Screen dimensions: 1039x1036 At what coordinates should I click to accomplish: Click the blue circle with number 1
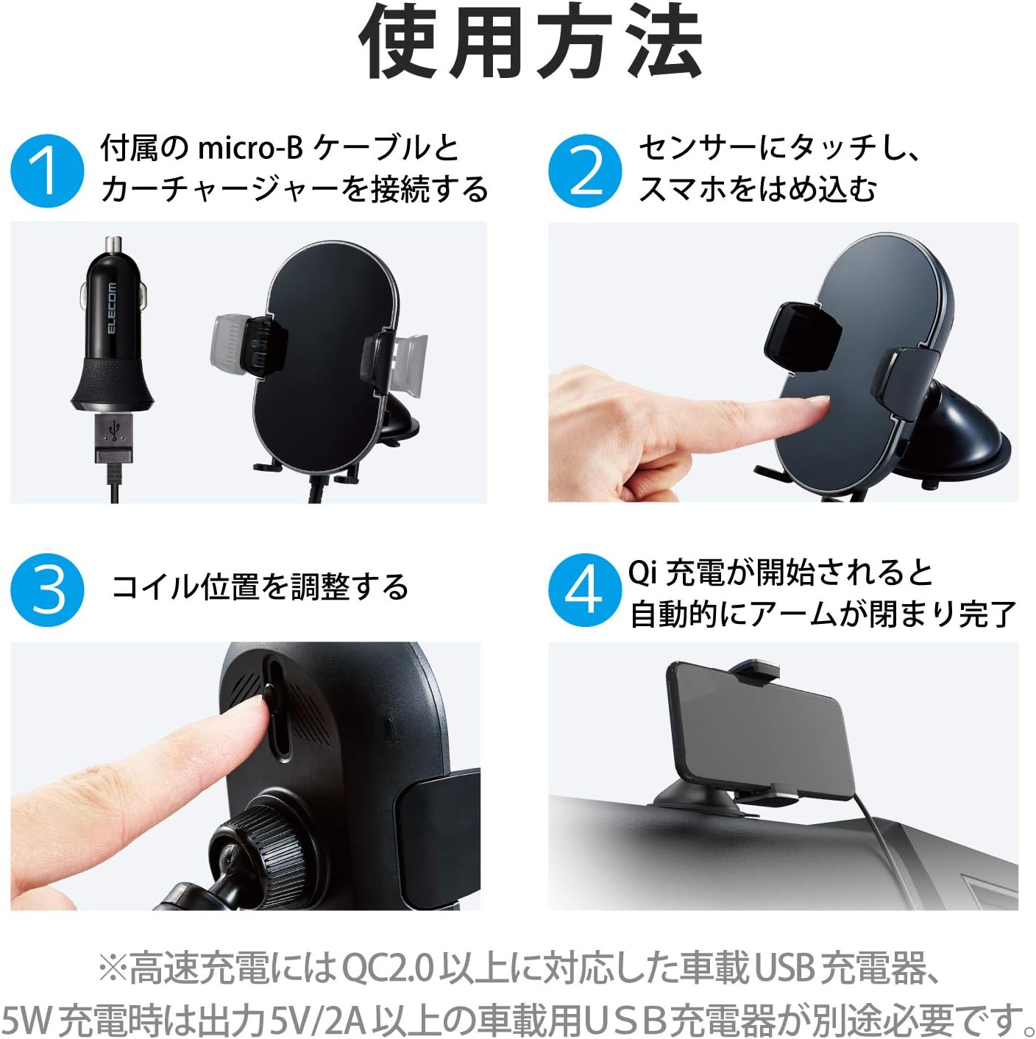click(x=47, y=171)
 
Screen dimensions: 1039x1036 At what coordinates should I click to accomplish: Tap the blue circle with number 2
click(x=585, y=171)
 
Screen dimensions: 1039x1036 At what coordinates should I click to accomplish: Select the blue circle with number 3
click(x=47, y=590)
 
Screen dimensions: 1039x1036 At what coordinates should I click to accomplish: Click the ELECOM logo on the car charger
click(x=112, y=308)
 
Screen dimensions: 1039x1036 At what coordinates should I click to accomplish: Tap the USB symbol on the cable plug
click(x=113, y=430)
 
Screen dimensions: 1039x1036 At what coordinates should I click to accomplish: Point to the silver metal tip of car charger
click(x=113, y=245)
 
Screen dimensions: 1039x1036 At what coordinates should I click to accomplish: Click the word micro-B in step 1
click(x=250, y=148)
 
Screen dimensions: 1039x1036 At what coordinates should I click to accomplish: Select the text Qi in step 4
click(x=642, y=572)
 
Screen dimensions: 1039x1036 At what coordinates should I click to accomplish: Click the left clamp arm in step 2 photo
click(x=802, y=337)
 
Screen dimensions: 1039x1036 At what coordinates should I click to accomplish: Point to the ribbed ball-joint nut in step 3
click(x=254, y=839)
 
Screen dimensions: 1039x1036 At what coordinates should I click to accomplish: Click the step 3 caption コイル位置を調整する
click(x=259, y=587)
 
